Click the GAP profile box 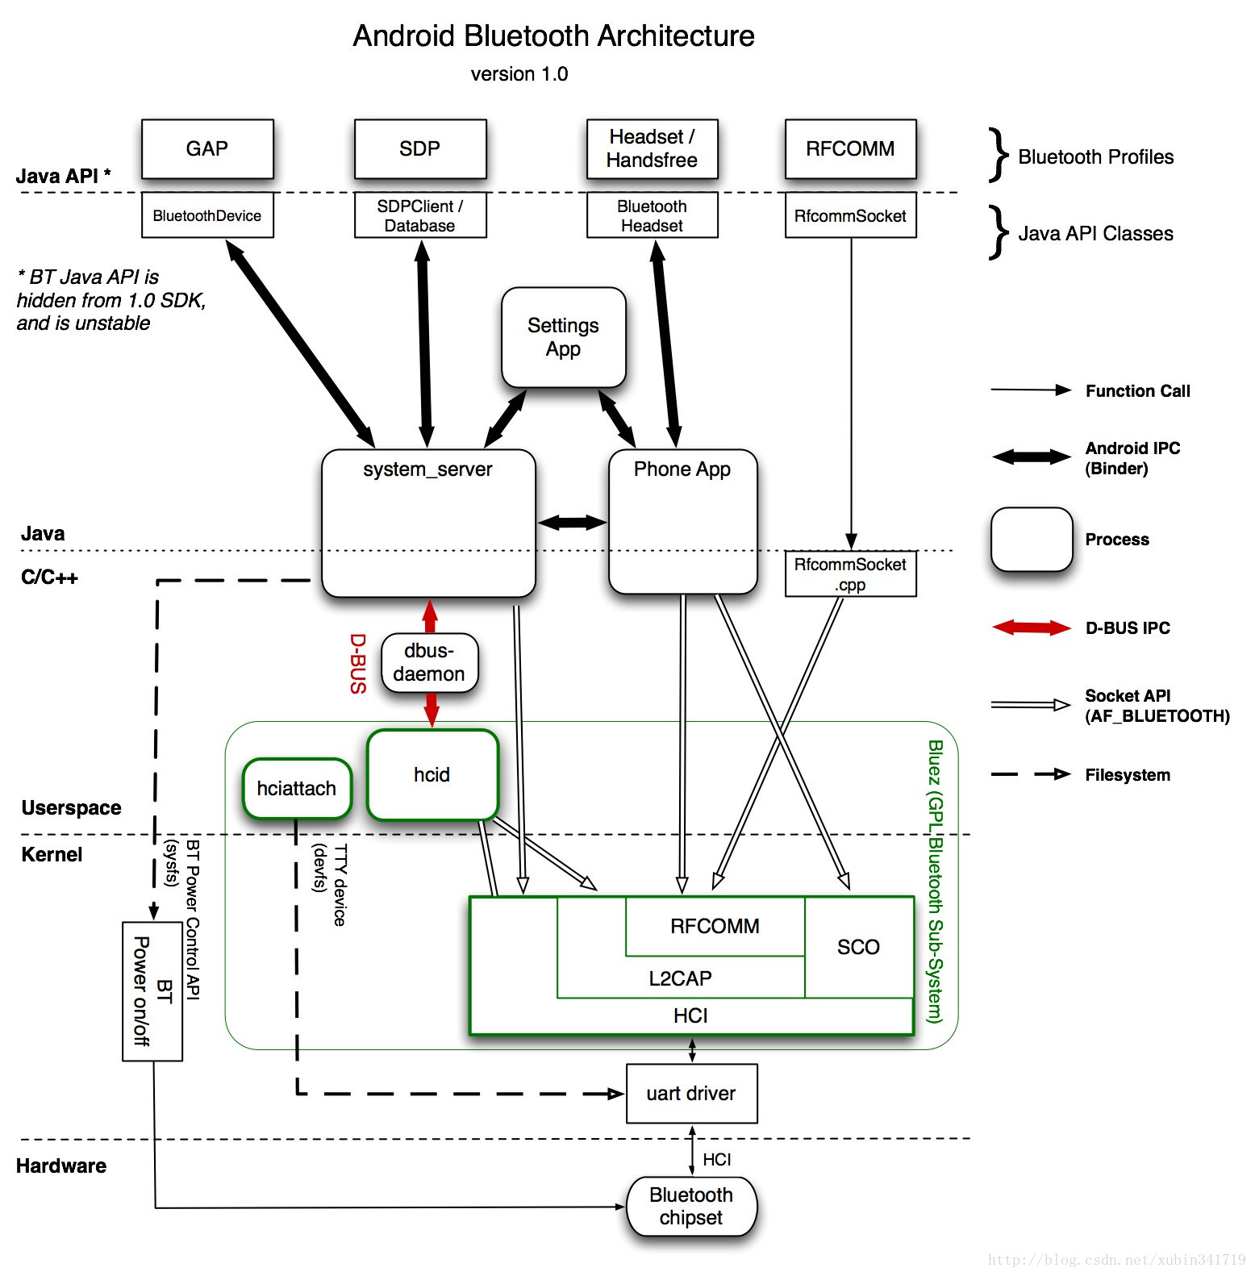coord(207,149)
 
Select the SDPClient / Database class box coord(420,215)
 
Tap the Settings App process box coord(563,337)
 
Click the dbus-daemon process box coord(429,662)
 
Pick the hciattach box coord(296,788)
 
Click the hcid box coord(432,774)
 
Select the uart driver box coord(691,1093)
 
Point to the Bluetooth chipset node coord(691,1206)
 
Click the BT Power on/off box coord(152,991)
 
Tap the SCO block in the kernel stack coord(858,947)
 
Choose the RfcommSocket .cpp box coord(850,574)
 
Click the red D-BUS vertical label coord(358,663)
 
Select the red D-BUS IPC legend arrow coord(1031,628)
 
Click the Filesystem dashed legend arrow coord(1031,774)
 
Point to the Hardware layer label coord(61,1165)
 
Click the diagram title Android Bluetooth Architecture coord(553,36)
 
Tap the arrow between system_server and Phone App coord(572,523)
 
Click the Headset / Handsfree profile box coord(652,149)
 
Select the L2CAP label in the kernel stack coord(680,978)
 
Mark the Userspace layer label coord(71,807)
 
